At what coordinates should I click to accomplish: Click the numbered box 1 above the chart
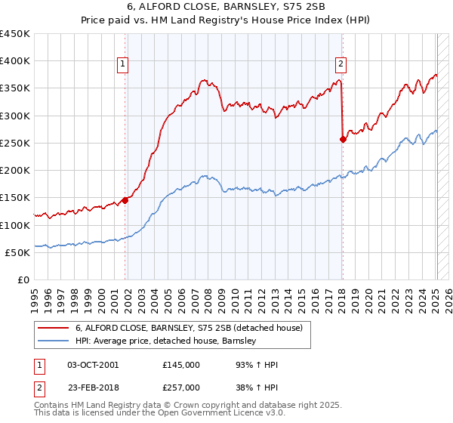pyautogui.click(x=123, y=64)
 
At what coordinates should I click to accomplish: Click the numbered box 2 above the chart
pyautogui.click(x=341, y=64)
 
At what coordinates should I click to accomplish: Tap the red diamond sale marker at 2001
pyautogui.click(x=125, y=200)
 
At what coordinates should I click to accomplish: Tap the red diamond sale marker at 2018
pyautogui.click(x=344, y=139)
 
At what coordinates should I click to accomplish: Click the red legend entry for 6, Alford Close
pyautogui.click(x=189, y=328)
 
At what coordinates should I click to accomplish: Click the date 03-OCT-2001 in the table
pyautogui.click(x=93, y=365)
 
